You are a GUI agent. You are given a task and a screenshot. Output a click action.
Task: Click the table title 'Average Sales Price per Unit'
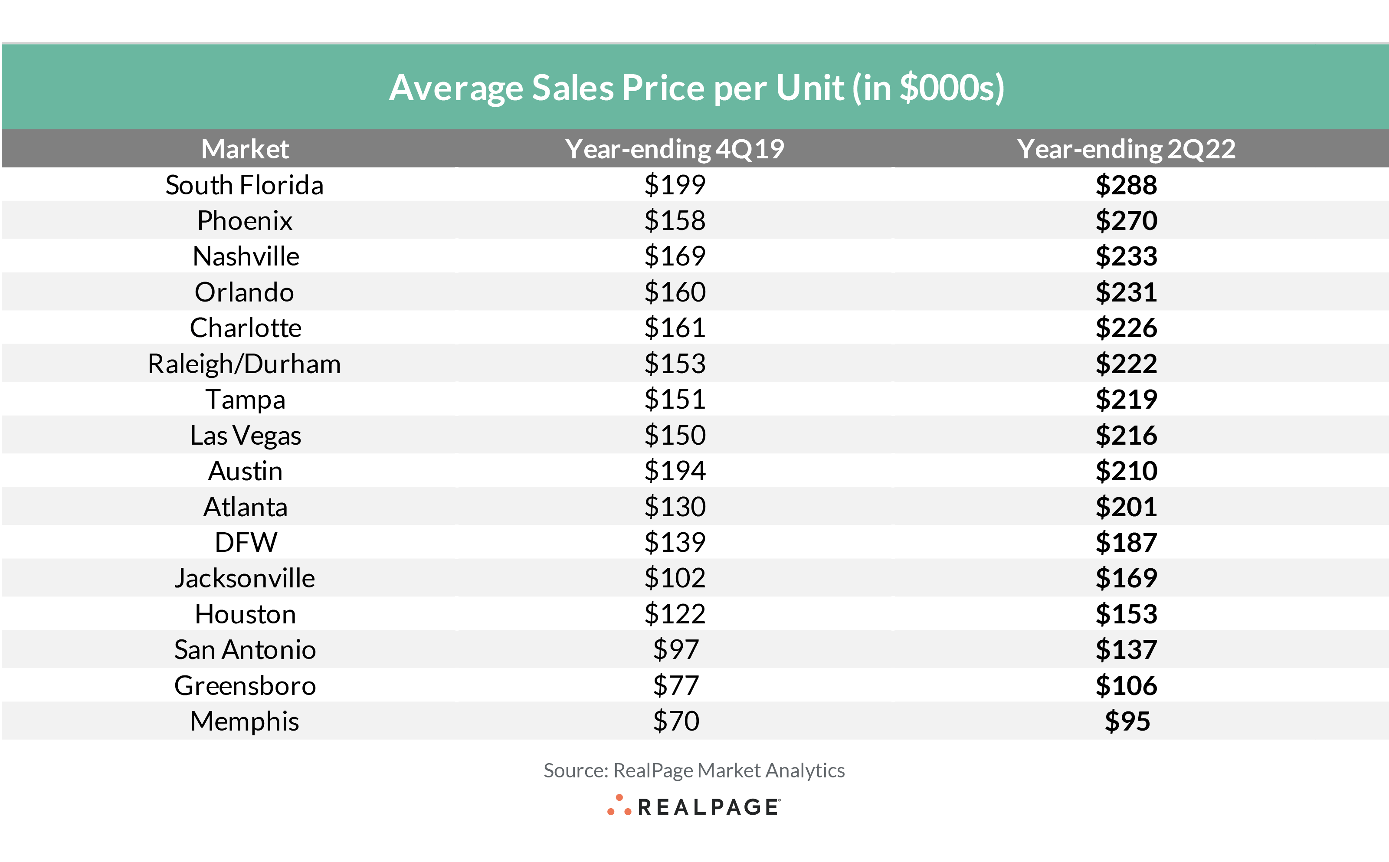pyautogui.click(x=696, y=88)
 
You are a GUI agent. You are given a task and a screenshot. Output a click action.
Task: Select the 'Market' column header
pyautogui.click(x=245, y=149)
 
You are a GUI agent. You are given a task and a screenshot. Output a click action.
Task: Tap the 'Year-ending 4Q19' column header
pyautogui.click(x=675, y=149)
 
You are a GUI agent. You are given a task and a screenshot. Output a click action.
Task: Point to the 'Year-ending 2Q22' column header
pyautogui.click(x=1126, y=149)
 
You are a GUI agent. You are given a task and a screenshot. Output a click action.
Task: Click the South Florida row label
pyautogui.click(x=245, y=185)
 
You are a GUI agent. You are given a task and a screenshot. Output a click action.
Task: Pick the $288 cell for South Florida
pyautogui.click(x=1126, y=185)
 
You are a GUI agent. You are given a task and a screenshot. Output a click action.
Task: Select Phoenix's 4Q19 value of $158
pyautogui.click(x=675, y=221)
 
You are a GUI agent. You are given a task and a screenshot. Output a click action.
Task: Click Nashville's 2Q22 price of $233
pyautogui.click(x=1126, y=256)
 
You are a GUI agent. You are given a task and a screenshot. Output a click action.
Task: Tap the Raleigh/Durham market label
pyautogui.click(x=245, y=364)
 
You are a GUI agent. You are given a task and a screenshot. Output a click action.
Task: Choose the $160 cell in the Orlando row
pyautogui.click(x=675, y=292)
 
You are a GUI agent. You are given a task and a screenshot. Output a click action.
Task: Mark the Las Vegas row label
pyautogui.click(x=245, y=436)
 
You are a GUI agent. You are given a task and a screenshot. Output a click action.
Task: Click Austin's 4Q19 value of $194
pyautogui.click(x=675, y=471)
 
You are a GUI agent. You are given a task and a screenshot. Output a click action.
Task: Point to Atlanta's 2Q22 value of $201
pyautogui.click(x=1126, y=507)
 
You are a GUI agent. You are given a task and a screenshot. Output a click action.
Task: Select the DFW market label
pyautogui.click(x=246, y=542)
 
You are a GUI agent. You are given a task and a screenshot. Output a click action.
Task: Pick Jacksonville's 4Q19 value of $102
pyautogui.click(x=675, y=578)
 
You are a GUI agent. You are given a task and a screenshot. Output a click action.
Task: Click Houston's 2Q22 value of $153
pyautogui.click(x=1126, y=614)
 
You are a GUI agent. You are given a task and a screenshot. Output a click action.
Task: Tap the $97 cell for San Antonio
pyautogui.click(x=675, y=650)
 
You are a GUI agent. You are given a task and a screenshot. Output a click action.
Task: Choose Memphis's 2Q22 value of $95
pyautogui.click(x=1127, y=721)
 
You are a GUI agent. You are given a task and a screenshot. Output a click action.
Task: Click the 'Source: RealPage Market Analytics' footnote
pyautogui.click(x=694, y=770)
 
